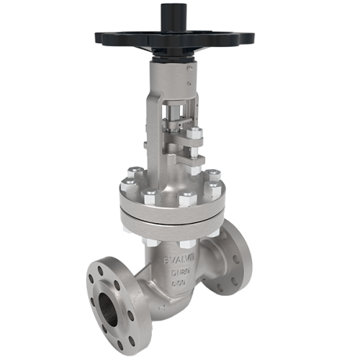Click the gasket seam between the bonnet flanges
173,215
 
